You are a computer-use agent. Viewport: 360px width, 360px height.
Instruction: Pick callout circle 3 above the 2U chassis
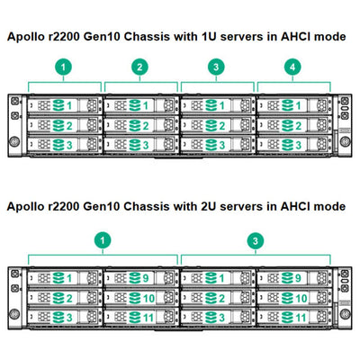tap(255, 241)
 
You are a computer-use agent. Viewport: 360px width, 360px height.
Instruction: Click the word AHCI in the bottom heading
tap(292, 206)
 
